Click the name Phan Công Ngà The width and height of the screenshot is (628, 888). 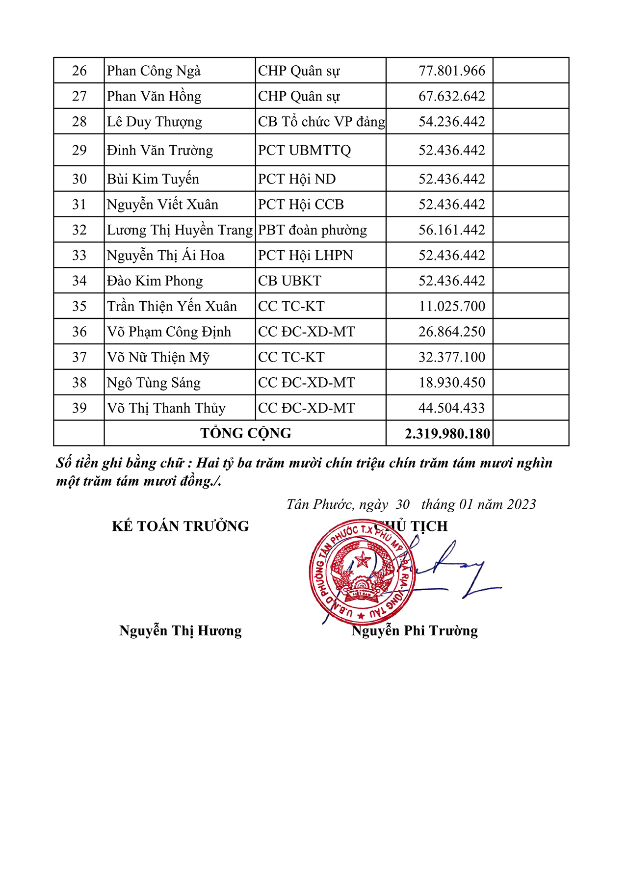coord(154,71)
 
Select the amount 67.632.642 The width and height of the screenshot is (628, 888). coord(451,96)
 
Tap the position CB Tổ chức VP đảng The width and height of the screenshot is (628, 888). coord(321,122)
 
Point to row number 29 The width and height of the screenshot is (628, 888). coord(79,150)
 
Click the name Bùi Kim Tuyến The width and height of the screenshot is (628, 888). coord(153,179)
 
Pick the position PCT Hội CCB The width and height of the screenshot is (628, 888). coord(301,205)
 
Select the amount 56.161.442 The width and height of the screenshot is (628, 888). coord(451,230)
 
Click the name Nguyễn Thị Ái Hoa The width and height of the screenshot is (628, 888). coord(165,256)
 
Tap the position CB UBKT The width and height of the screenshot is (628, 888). coord(289,281)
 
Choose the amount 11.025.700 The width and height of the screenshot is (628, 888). coord(451,307)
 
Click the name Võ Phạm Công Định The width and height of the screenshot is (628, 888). coord(169,332)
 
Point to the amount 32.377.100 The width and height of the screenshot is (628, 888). coord(451,358)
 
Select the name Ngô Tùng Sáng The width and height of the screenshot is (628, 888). coord(154,383)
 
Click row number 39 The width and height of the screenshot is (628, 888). coord(79,408)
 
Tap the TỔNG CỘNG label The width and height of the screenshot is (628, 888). coord(245,433)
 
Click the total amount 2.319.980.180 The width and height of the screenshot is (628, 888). coord(447,434)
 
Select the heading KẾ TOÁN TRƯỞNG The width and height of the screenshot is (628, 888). coord(180,526)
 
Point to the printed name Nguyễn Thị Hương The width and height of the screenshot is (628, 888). coord(180,631)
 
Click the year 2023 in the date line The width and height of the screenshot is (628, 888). coord(522,505)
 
